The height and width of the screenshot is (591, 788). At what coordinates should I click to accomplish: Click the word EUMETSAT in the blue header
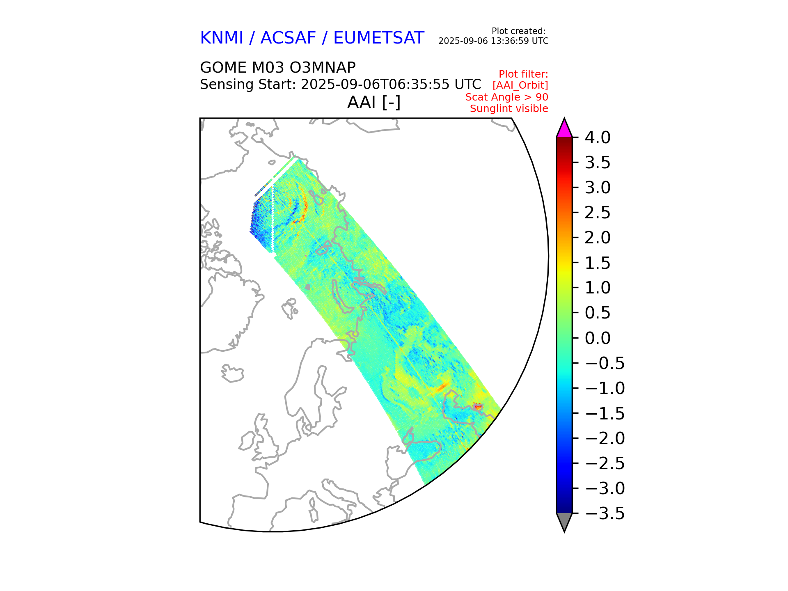click(x=378, y=38)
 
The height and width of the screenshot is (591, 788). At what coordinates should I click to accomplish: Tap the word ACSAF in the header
click(x=288, y=38)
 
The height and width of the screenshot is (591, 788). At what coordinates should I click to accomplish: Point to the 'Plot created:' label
click(x=518, y=31)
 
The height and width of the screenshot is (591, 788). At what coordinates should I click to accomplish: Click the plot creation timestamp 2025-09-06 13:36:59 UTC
click(x=493, y=41)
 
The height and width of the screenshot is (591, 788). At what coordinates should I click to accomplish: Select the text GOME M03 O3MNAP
click(x=277, y=67)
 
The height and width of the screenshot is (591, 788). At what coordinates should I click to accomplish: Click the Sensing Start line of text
click(x=340, y=85)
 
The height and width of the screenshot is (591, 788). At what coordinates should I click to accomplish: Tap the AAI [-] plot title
click(x=373, y=102)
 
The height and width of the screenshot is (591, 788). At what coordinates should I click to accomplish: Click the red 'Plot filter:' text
click(x=523, y=74)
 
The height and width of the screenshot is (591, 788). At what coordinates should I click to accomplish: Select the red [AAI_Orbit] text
click(x=520, y=85)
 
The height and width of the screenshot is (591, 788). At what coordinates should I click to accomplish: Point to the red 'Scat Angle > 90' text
click(x=506, y=97)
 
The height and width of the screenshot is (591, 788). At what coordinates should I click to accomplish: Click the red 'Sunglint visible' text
click(x=509, y=109)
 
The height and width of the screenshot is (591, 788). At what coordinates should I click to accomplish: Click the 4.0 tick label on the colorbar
click(x=598, y=137)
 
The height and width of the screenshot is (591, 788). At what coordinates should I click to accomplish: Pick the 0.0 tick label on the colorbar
click(x=598, y=338)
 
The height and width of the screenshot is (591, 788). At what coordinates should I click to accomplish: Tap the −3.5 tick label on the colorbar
click(x=605, y=513)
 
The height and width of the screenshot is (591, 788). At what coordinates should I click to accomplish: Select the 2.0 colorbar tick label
click(x=598, y=238)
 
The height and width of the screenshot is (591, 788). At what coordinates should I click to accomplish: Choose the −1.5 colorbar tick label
click(x=605, y=413)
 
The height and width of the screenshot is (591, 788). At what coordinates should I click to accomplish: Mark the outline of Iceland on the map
click(x=232, y=373)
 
